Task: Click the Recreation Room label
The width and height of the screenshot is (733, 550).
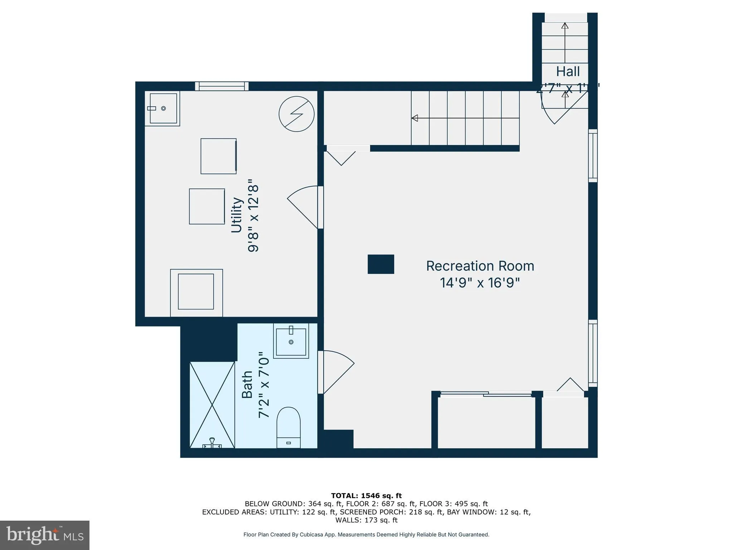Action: (480, 266)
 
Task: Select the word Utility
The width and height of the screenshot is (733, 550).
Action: (237, 215)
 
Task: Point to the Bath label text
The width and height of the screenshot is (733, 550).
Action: (247, 385)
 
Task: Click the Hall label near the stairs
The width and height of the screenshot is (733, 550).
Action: (568, 72)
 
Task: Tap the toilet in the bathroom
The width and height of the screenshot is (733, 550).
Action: (288, 427)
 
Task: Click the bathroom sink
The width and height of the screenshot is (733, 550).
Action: (291, 341)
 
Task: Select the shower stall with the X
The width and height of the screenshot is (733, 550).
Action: (212, 405)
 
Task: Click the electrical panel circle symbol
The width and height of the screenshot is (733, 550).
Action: (296, 114)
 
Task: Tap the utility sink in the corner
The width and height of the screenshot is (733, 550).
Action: (163, 108)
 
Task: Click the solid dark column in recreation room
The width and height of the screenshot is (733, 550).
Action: (381, 264)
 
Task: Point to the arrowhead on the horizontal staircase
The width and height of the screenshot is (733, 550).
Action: (415, 118)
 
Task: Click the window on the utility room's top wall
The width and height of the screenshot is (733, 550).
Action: (222, 86)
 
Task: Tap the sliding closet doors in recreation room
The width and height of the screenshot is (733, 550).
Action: (486, 394)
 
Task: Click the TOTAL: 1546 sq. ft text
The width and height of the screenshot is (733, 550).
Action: (366, 496)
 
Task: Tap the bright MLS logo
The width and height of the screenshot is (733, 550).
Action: (45, 535)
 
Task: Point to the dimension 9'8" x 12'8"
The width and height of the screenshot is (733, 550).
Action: (253, 216)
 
